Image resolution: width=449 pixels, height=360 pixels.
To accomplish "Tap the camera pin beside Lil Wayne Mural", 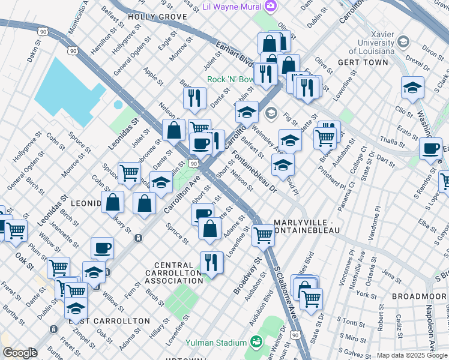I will tap(271, 6).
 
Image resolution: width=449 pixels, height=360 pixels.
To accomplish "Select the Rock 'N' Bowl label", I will tap(230, 79).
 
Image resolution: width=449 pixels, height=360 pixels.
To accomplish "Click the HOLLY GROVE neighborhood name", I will tap(157, 17).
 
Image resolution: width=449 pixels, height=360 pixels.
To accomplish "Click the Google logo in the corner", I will tap(19, 353).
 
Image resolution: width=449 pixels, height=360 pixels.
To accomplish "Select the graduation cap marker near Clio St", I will tap(412, 88).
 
